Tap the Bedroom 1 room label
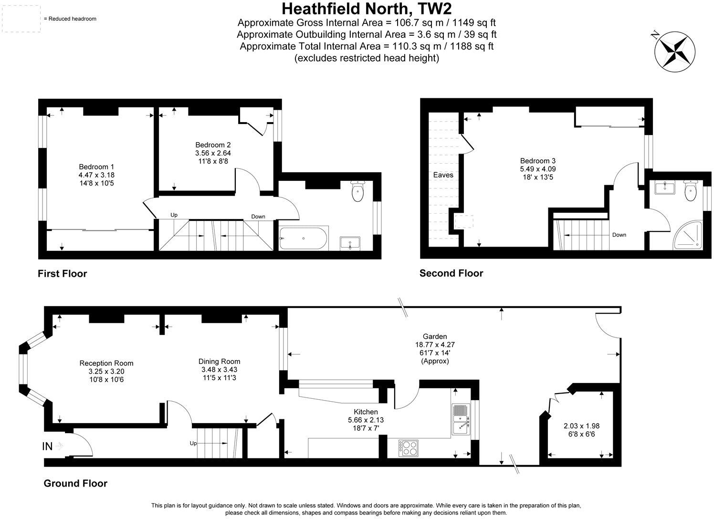(96, 167)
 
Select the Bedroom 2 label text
(213, 145)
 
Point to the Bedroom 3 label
(538, 161)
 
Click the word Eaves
(443, 175)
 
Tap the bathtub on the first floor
(304, 238)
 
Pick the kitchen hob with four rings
(409, 447)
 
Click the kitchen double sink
(461, 419)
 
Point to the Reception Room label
(106, 363)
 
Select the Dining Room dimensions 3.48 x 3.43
(220, 370)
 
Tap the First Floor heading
(62, 274)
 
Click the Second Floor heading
(451, 273)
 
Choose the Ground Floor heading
(75, 483)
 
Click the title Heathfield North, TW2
(366, 9)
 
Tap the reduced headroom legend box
(20, 19)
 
